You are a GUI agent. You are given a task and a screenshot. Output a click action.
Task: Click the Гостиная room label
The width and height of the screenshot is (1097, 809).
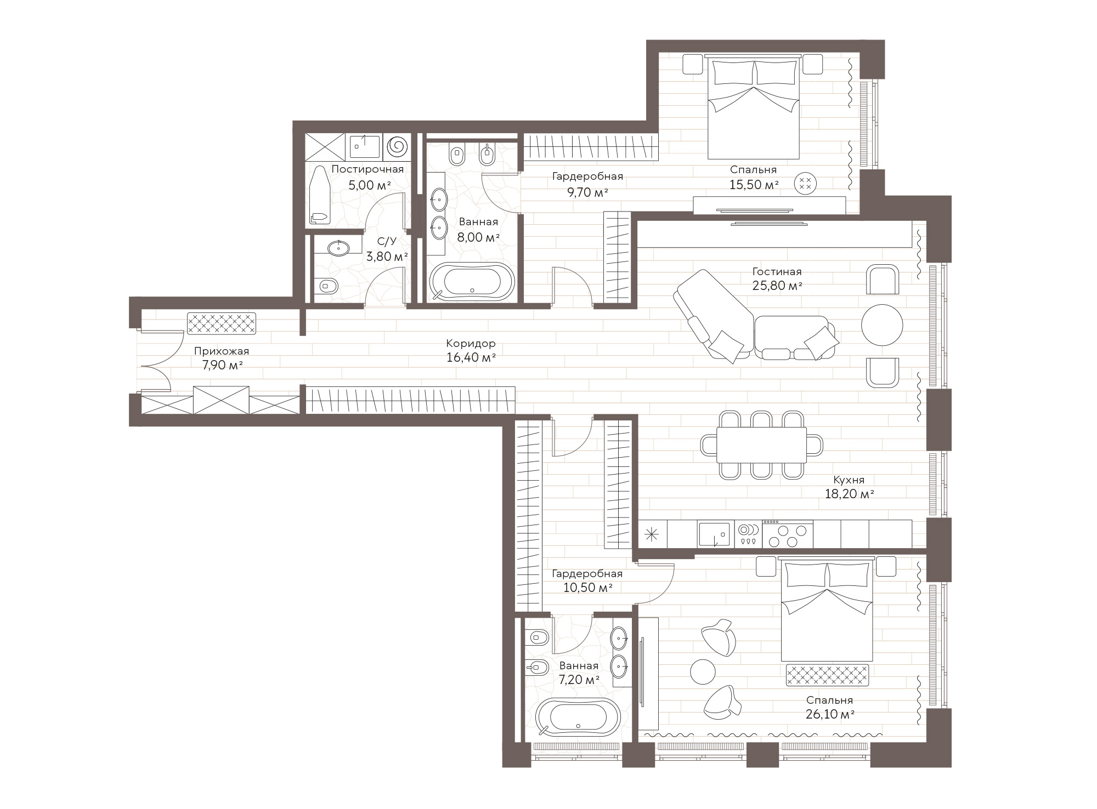777,272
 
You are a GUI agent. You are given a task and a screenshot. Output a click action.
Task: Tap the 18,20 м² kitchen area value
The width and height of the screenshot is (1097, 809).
849,494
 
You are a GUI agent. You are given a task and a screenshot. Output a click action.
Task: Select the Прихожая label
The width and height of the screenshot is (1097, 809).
222,352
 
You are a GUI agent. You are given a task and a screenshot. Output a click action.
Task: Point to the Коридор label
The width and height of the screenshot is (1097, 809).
471,344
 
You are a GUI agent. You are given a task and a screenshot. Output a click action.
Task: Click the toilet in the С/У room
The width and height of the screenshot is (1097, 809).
327,286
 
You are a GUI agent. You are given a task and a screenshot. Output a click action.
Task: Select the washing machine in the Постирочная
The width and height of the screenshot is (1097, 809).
397,147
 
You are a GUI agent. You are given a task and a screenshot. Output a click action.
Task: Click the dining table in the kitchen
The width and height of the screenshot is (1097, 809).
761,445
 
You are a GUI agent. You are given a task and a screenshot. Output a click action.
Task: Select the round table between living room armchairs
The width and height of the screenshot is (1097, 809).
882,325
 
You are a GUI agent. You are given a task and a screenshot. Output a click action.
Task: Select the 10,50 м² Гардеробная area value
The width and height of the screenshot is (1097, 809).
587,588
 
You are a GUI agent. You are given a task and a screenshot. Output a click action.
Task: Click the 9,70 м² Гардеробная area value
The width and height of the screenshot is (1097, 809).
587,192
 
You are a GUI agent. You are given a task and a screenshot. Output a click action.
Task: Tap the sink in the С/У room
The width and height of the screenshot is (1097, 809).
338,248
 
